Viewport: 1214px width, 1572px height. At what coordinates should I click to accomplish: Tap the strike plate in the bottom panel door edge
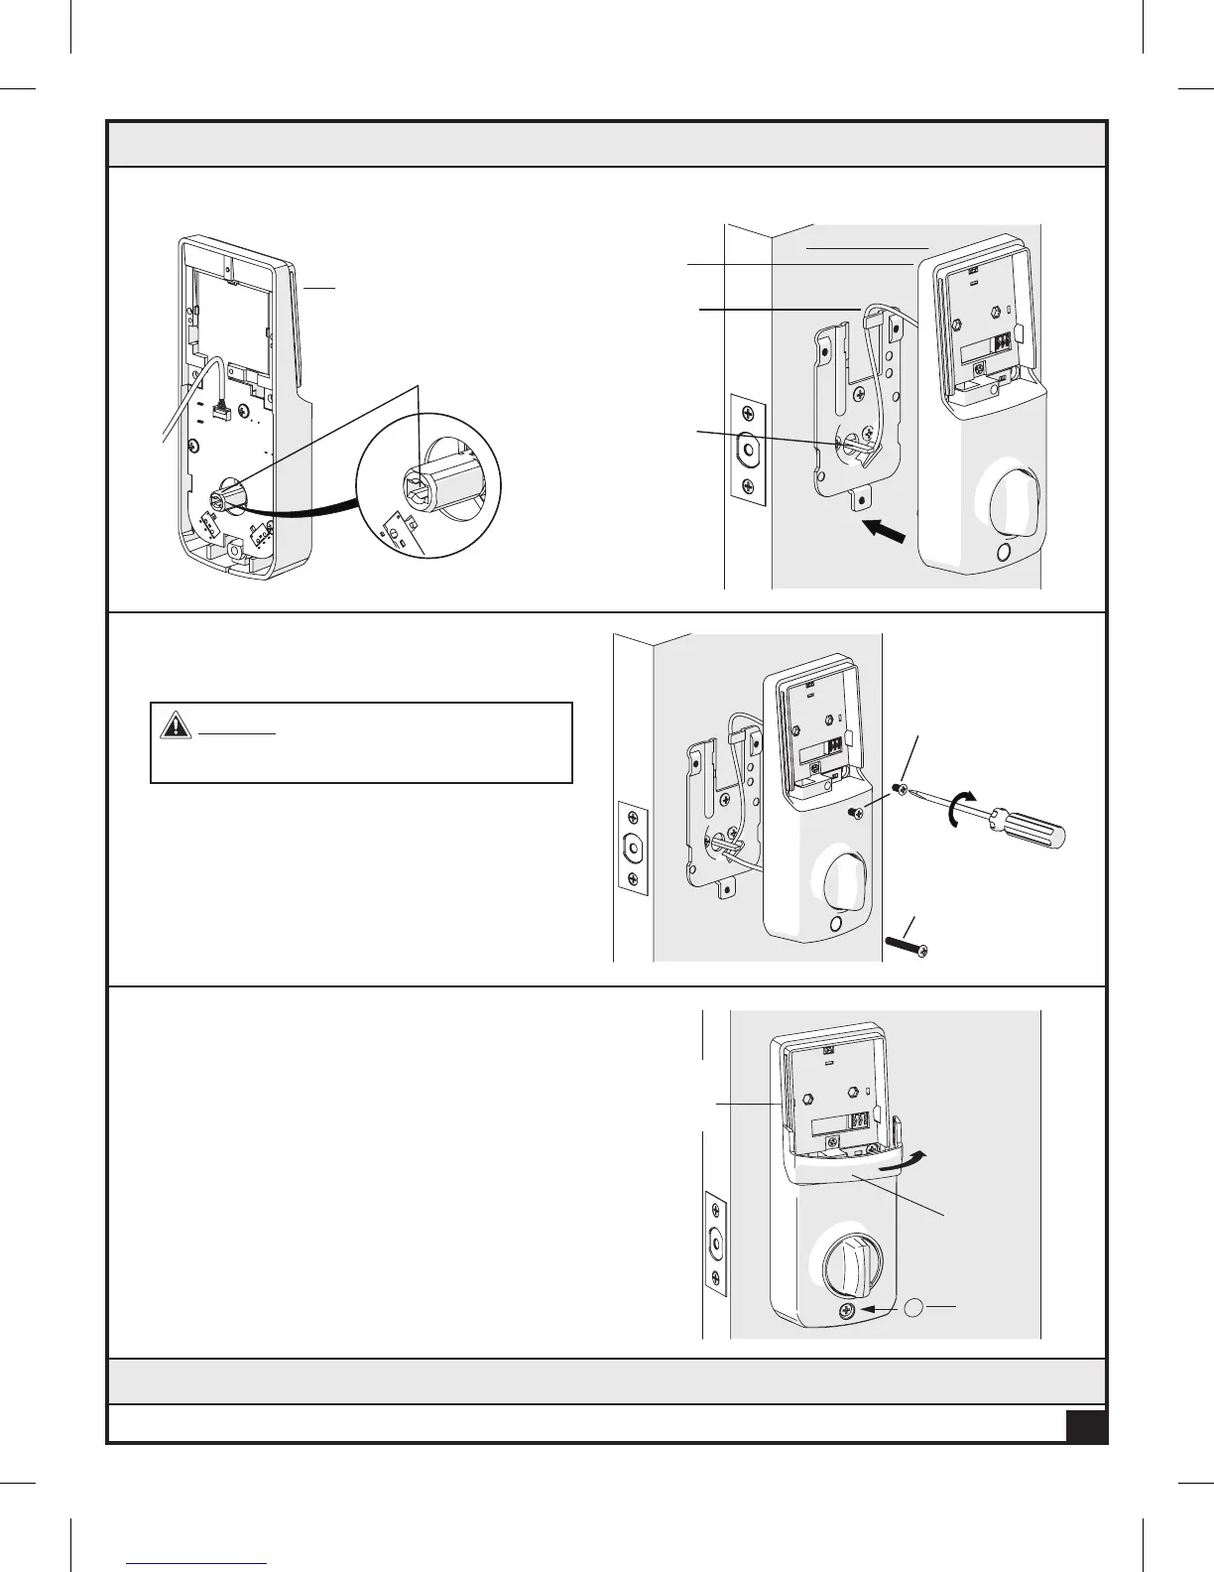pyautogui.click(x=715, y=1243)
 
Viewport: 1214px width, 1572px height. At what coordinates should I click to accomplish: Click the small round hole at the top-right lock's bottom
pyautogui.click(x=1003, y=553)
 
